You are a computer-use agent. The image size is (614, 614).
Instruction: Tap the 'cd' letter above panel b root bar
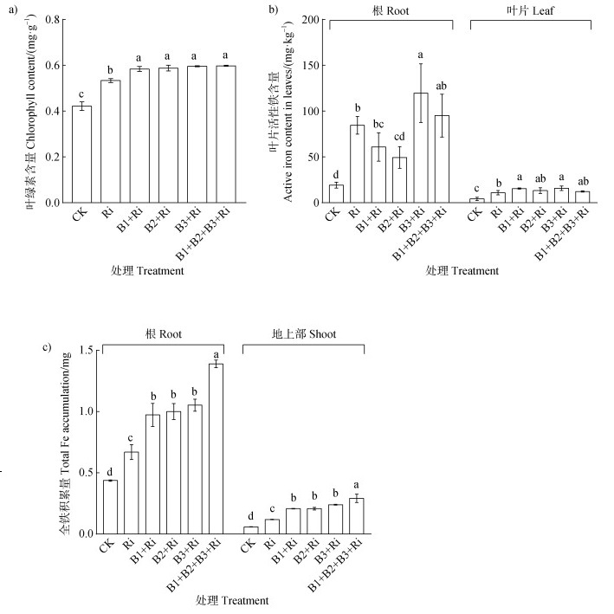pos(400,134)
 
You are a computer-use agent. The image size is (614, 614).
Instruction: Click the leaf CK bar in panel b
pos(476,200)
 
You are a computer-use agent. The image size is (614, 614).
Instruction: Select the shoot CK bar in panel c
pos(250,529)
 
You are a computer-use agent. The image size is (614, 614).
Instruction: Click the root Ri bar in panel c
pos(132,492)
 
